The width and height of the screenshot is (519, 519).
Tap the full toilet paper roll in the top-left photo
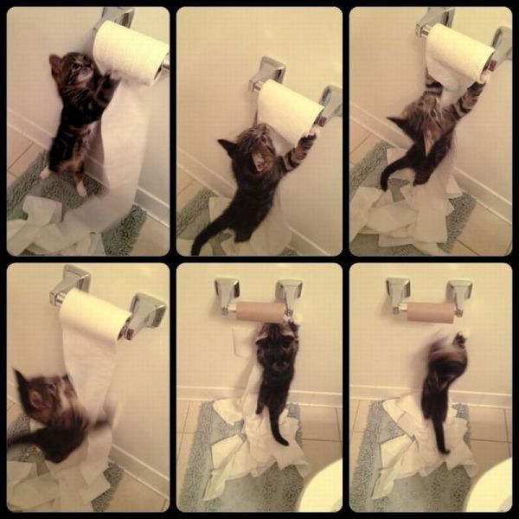click(131, 52)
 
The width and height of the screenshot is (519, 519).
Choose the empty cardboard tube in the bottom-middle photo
click(259, 311)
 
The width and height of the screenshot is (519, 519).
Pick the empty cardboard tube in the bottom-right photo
click(431, 311)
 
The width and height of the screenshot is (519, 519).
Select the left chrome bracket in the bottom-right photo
click(398, 294)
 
